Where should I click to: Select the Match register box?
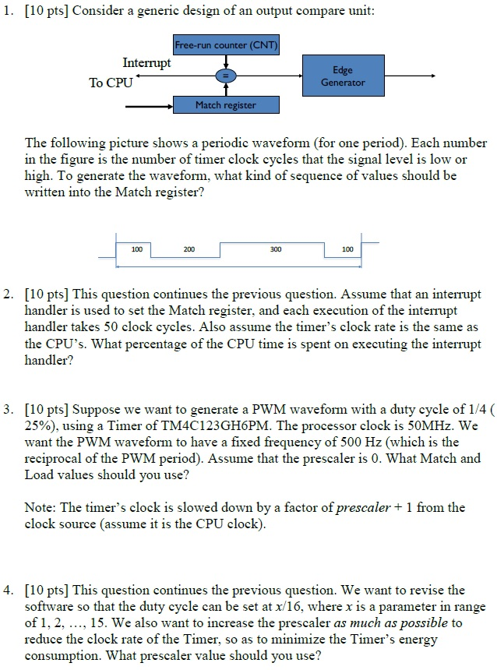click(x=225, y=105)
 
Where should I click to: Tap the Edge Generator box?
click(x=342, y=76)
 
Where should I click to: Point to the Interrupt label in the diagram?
click(x=147, y=63)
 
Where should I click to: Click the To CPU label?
click(x=111, y=83)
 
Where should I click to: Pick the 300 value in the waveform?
click(x=276, y=249)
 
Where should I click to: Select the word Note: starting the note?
click(x=41, y=507)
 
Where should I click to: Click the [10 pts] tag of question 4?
click(x=48, y=591)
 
